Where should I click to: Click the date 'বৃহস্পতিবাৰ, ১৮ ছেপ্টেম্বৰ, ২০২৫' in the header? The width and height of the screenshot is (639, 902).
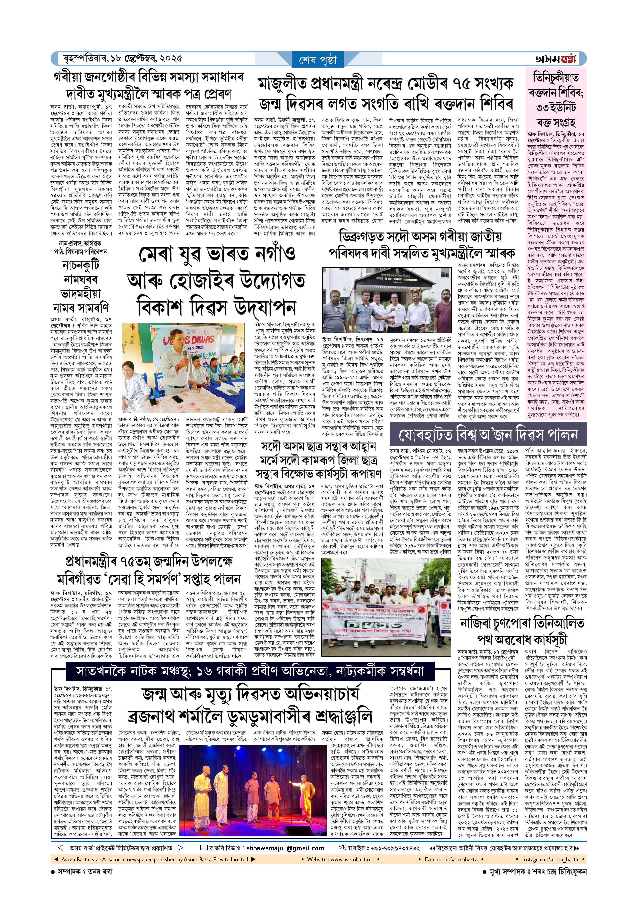[x=123, y=59]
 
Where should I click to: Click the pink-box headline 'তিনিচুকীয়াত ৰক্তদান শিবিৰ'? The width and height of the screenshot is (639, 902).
[x=555, y=92]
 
